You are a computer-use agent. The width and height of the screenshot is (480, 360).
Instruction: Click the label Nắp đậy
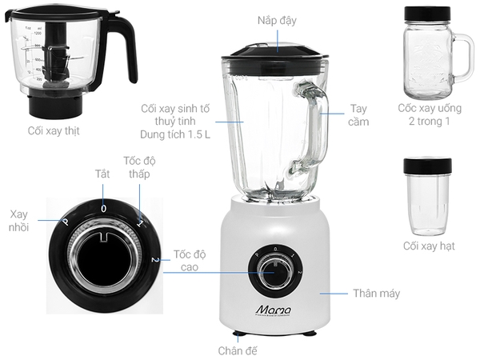[277, 21]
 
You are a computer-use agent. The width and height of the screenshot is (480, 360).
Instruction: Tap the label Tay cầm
[358, 115]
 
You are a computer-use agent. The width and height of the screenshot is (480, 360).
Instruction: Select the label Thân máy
[377, 294]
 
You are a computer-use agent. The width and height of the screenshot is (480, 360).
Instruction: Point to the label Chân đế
[238, 350]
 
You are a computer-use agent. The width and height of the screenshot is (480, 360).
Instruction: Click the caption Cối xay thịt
[54, 130]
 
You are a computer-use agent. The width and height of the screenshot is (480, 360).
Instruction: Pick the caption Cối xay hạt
[429, 246]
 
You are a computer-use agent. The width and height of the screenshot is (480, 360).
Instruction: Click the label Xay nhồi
[18, 221]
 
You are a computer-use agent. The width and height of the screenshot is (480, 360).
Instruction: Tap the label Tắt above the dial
[102, 174]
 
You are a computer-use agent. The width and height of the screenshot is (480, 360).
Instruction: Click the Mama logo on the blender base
[274, 310]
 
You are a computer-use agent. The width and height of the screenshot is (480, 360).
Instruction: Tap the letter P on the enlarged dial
[66, 222]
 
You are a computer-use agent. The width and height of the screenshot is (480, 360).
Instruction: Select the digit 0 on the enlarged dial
[104, 209]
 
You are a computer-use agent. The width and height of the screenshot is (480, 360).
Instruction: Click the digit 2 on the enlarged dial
[155, 260]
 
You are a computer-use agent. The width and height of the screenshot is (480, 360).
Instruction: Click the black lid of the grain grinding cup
[427, 166]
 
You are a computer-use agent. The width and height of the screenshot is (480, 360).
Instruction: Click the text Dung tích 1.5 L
[175, 134]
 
